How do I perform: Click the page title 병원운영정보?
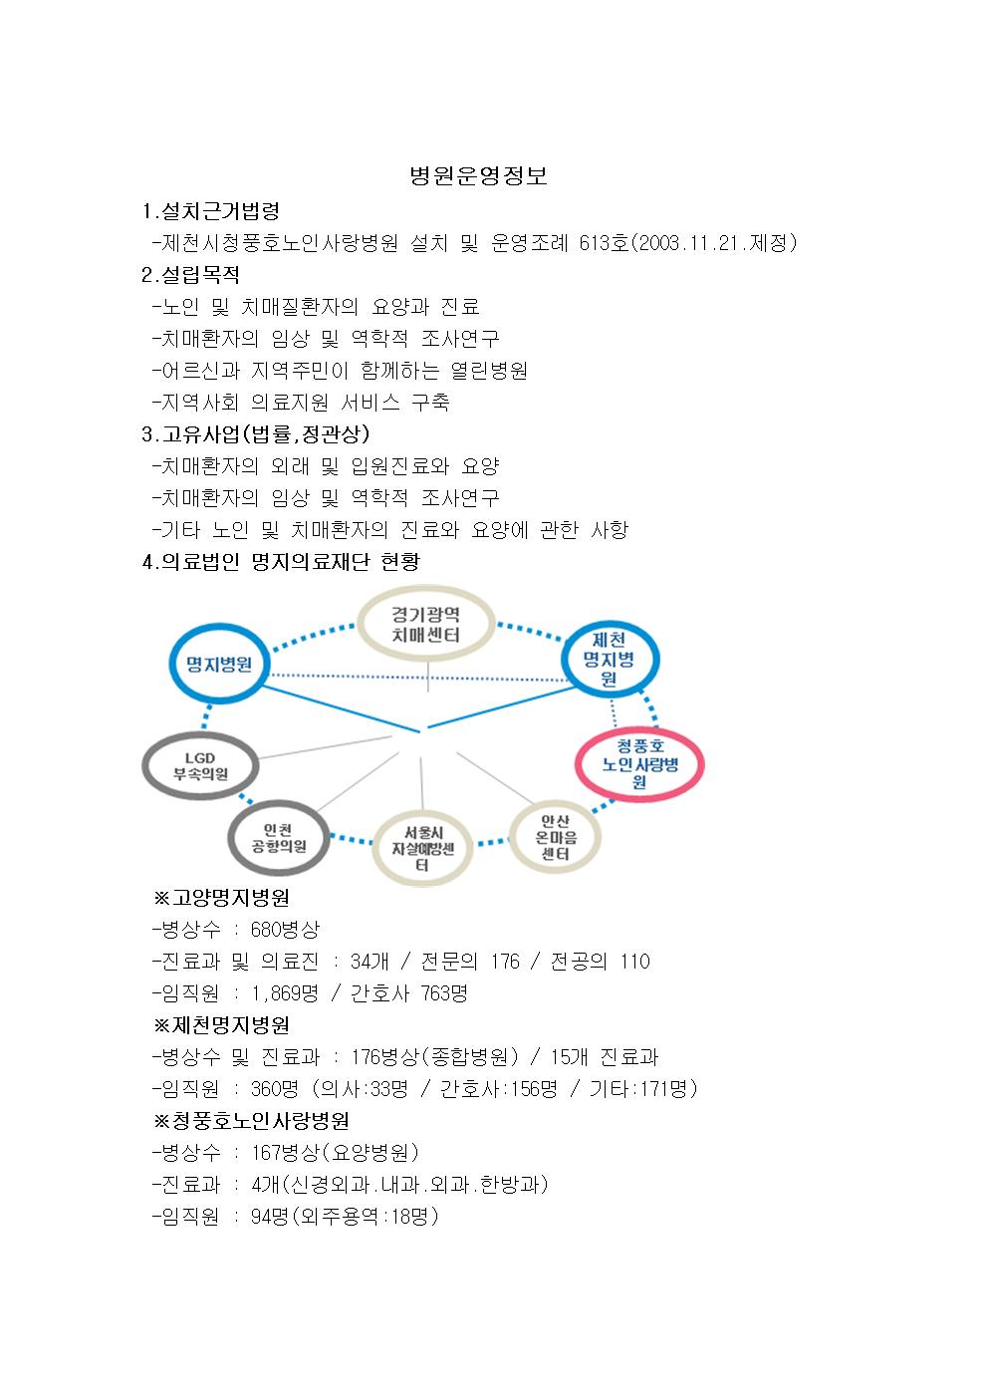pos(478,176)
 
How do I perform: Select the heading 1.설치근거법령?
pos(210,211)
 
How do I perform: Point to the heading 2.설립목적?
pos(190,275)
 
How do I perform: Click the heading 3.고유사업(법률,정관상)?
pos(256,433)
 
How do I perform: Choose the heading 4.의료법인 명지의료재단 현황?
pos(281,562)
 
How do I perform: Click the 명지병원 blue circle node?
pos(219,664)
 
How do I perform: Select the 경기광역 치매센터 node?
pos(426,624)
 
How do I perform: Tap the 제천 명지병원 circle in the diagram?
pos(610,659)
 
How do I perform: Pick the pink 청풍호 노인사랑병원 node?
pos(639,764)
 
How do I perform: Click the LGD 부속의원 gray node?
pos(200,766)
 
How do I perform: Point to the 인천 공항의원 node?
pos(278,838)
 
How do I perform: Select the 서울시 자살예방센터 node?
pos(422,848)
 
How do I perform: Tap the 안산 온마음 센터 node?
pos(555,837)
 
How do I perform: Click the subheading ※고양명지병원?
pos(221,898)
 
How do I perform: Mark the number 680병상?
pos(285,930)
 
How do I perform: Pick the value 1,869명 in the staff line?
pos(285,993)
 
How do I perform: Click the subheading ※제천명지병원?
pos(221,1024)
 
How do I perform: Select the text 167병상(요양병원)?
pos(335,1152)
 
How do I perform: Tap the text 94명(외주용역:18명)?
pos(345,1216)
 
